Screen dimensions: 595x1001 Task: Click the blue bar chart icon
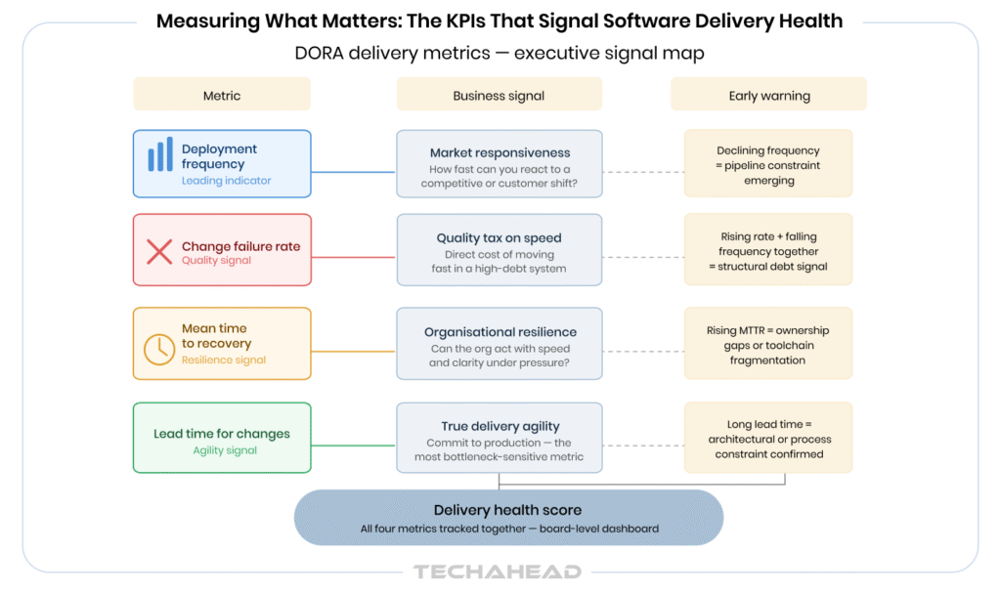160,157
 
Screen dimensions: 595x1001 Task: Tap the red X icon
159,251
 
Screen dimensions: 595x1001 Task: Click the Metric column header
221,96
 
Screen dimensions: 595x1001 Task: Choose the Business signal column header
499,96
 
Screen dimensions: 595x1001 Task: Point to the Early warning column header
768,96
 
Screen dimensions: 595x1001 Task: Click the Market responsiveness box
499,164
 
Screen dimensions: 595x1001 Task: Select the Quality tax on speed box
499,251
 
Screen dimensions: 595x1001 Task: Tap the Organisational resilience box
499,344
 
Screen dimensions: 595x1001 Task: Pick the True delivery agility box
499,439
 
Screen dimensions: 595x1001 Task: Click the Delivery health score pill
508,518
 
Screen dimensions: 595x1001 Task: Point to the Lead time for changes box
221,439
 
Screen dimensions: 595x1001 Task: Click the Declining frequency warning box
767,164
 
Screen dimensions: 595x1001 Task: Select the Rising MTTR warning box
767,344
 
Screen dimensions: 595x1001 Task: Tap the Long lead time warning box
767,439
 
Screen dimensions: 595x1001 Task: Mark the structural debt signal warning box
767,251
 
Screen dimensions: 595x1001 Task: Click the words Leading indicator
226,181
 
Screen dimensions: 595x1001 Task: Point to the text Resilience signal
224,361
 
